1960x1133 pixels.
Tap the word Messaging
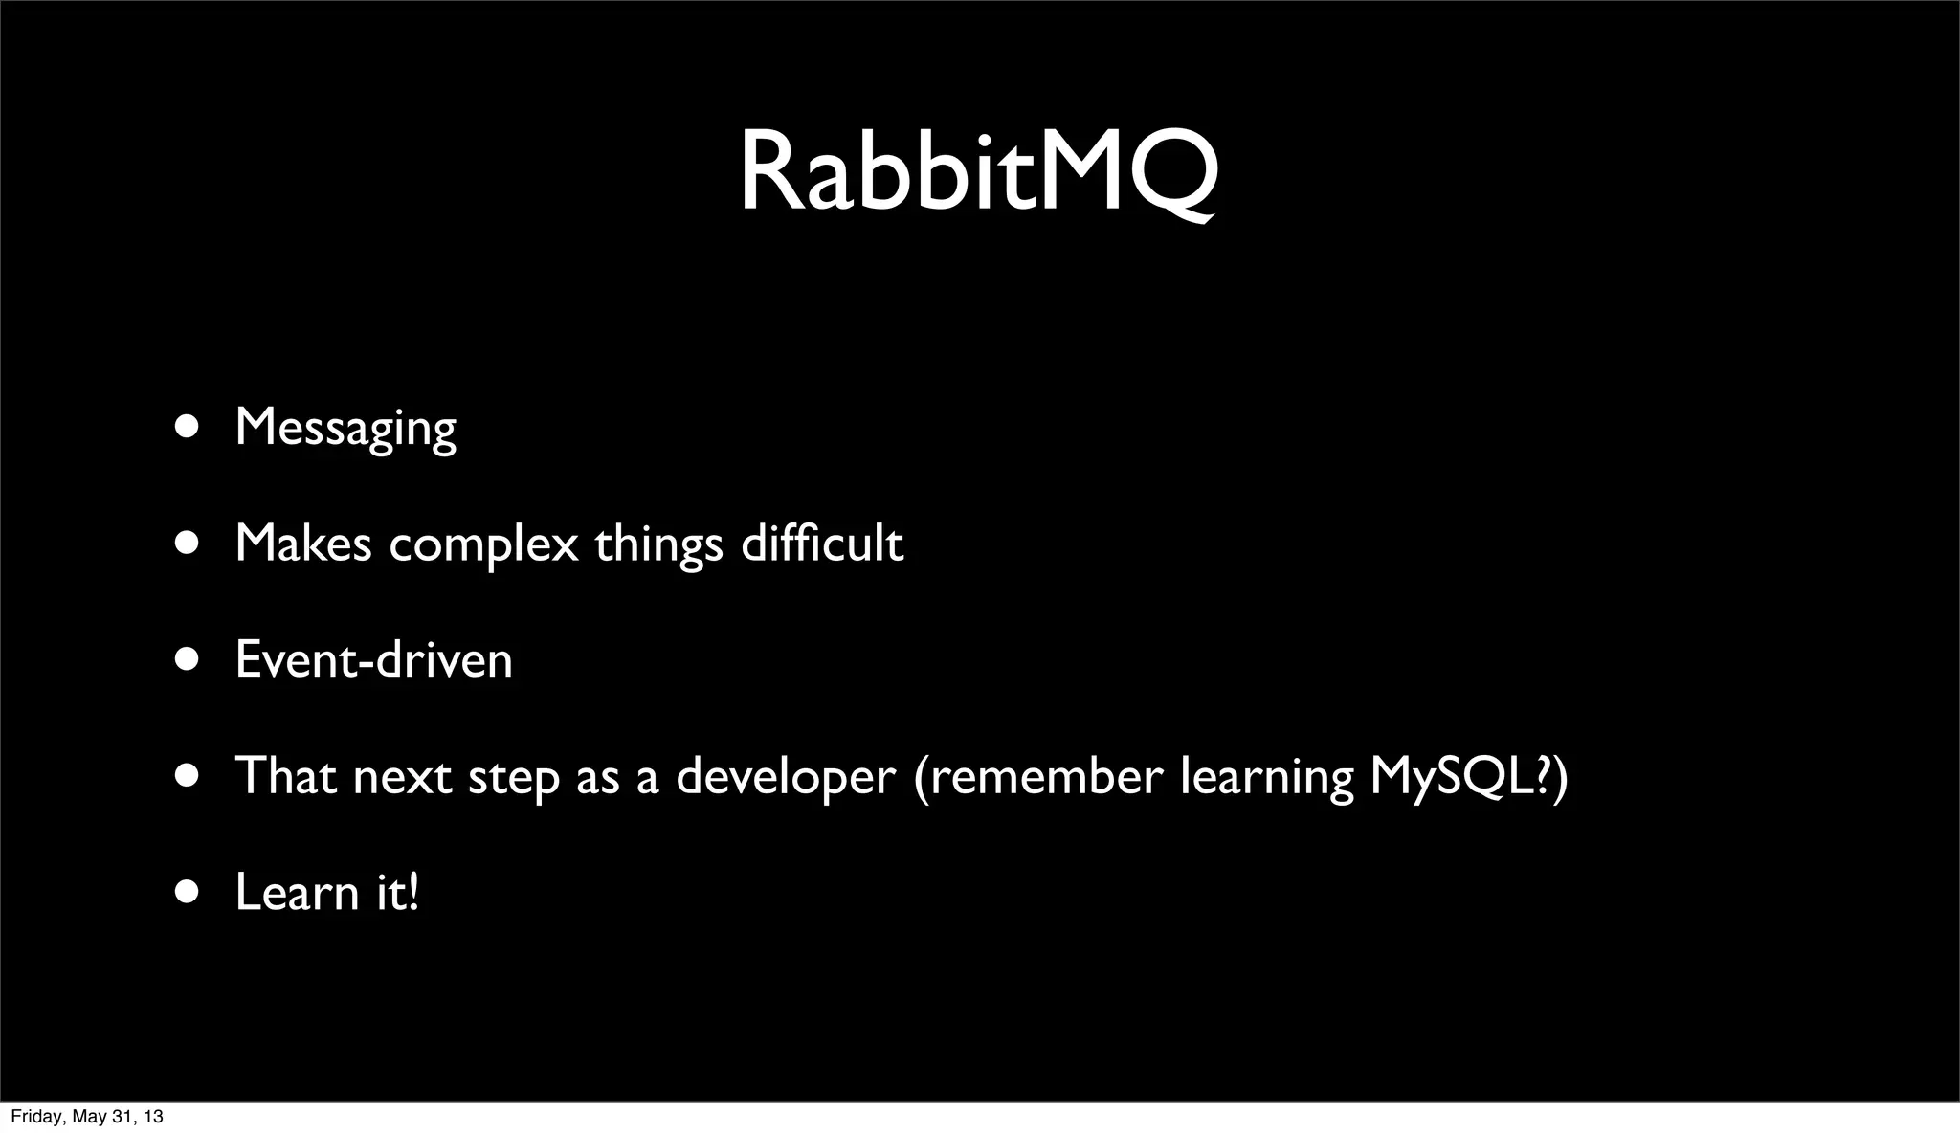(x=345, y=428)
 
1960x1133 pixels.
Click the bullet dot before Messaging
(x=188, y=427)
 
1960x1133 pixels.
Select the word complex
(x=483, y=545)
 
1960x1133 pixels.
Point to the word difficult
(x=822, y=544)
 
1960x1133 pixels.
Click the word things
(x=658, y=545)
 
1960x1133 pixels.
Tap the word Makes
(x=302, y=544)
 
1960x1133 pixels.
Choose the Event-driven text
(x=373, y=660)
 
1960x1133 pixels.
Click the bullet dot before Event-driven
(x=188, y=659)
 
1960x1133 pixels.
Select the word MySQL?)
(x=1468, y=776)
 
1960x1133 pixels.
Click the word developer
(x=786, y=776)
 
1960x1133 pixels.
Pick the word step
(x=513, y=777)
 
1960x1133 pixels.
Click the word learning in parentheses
(x=1266, y=777)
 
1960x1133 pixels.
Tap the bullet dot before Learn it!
(x=188, y=892)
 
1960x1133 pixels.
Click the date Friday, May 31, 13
(x=86, y=1117)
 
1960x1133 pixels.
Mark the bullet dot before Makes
(x=188, y=544)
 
